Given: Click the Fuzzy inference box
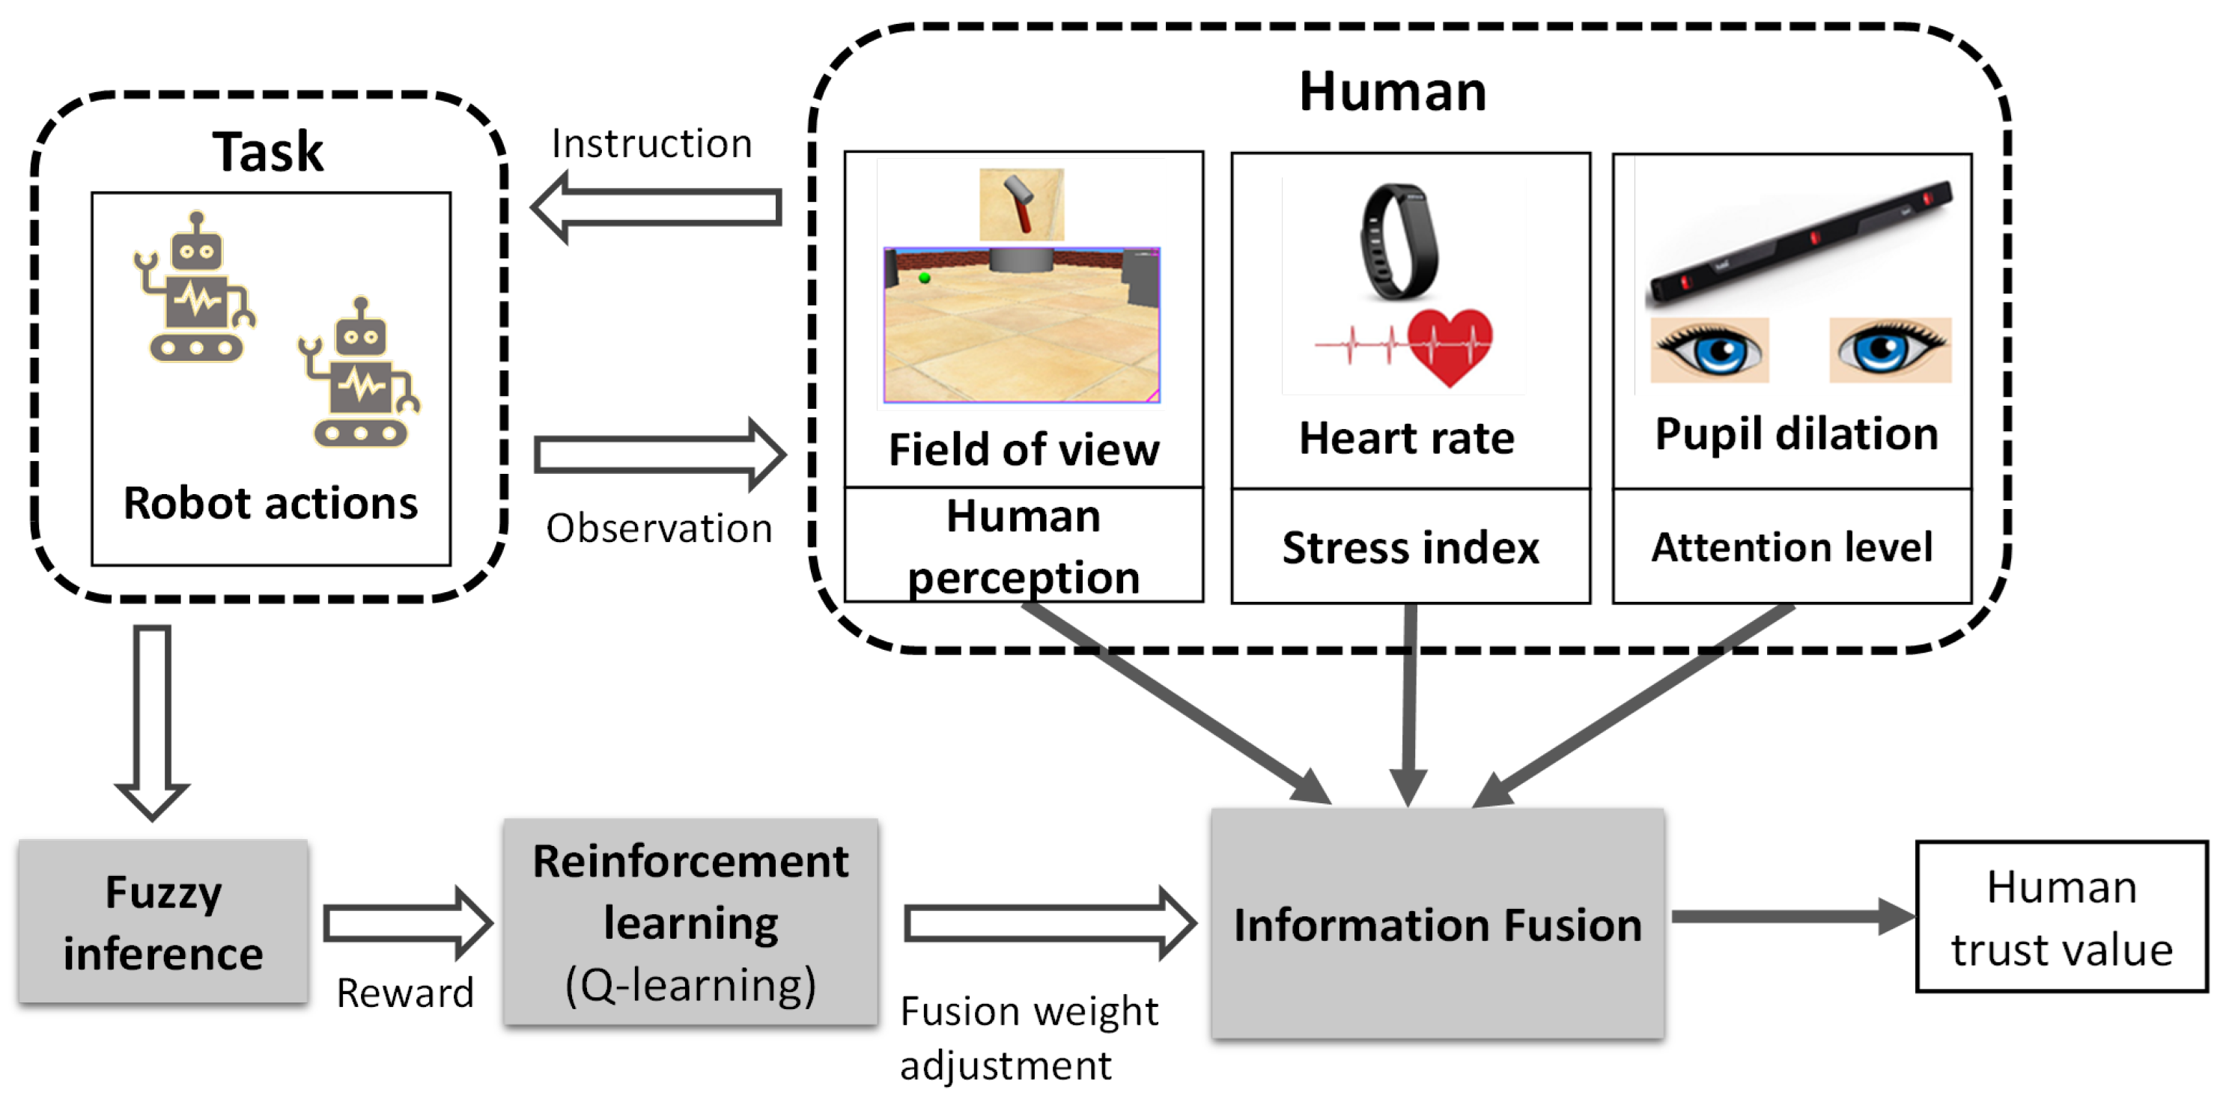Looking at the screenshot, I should tap(162, 921).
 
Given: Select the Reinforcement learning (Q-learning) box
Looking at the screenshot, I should tap(690, 922).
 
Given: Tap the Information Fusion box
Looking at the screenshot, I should tap(1437, 924).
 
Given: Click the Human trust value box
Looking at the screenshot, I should tap(2061, 916).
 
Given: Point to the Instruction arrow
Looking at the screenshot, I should tap(657, 208).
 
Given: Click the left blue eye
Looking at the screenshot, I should tap(1709, 350).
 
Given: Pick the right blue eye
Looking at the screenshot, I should tap(1890, 350).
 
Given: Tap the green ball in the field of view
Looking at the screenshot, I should tap(924, 277).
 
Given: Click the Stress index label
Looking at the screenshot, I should tap(1411, 548).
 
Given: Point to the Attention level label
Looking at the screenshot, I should tap(1791, 548).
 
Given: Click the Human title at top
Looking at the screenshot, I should tap(1392, 91).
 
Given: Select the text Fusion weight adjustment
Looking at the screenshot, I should tap(1027, 1037).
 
